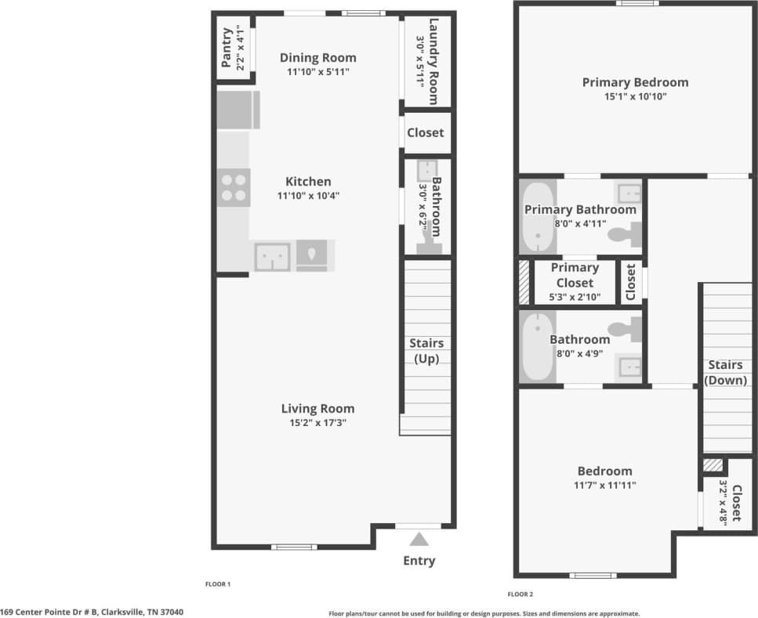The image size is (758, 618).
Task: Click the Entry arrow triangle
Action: click(419, 539)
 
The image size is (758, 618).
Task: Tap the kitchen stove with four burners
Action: click(233, 188)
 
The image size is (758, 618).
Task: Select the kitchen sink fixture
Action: click(272, 257)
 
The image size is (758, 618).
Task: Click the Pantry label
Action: click(227, 48)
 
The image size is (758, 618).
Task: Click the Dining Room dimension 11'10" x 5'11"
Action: click(317, 72)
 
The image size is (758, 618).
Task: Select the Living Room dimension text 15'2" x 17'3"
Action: click(317, 423)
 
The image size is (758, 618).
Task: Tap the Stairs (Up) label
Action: click(426, 351)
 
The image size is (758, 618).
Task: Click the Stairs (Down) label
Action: click(725, 372)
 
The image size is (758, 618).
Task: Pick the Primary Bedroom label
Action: click(635, 82)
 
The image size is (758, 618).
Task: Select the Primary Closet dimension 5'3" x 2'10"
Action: click(575, 297)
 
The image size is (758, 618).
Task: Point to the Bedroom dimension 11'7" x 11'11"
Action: click(604, 485)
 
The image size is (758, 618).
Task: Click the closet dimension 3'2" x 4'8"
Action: click(723, 503)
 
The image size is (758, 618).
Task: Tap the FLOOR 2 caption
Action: click(520, 595)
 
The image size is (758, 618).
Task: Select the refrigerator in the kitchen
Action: click(238, 110)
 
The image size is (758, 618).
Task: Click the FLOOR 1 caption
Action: click(217, 584)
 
